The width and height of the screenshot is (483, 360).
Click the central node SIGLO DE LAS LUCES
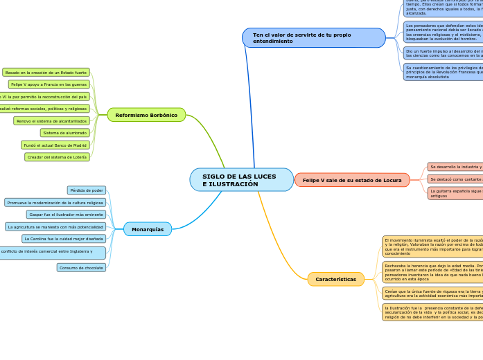[x=241, y=180]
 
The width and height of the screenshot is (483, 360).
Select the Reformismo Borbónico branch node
[x=146, y=115]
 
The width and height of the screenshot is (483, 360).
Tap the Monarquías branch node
[x=148, y=229]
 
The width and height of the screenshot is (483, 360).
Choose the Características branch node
[x=335, y=280]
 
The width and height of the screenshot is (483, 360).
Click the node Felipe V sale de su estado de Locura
[x=352, y=180]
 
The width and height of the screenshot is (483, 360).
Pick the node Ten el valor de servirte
[x=313, y=38]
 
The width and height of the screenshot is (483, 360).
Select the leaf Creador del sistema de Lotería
[x=57, y=157]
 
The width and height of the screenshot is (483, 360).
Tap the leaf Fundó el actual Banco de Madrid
[x=55, y=145]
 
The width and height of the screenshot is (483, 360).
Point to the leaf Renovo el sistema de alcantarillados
[x=51, y=121]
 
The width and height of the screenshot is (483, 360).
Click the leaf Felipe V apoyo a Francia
[x=49, y=84]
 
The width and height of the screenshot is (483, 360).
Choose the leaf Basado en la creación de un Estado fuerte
[x=46, y=73]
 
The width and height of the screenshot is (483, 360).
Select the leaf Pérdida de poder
[x=87, y=190]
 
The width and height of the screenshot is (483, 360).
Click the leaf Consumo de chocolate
[x=81, y=268]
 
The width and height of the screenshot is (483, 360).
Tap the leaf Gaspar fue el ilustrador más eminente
[x=66, y=215]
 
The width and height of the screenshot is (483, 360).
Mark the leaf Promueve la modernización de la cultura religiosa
[x=55, y=203]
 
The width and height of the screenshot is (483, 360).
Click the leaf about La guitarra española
[x=455, y=193]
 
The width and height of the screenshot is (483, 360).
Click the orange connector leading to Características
[x=277, y=242]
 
